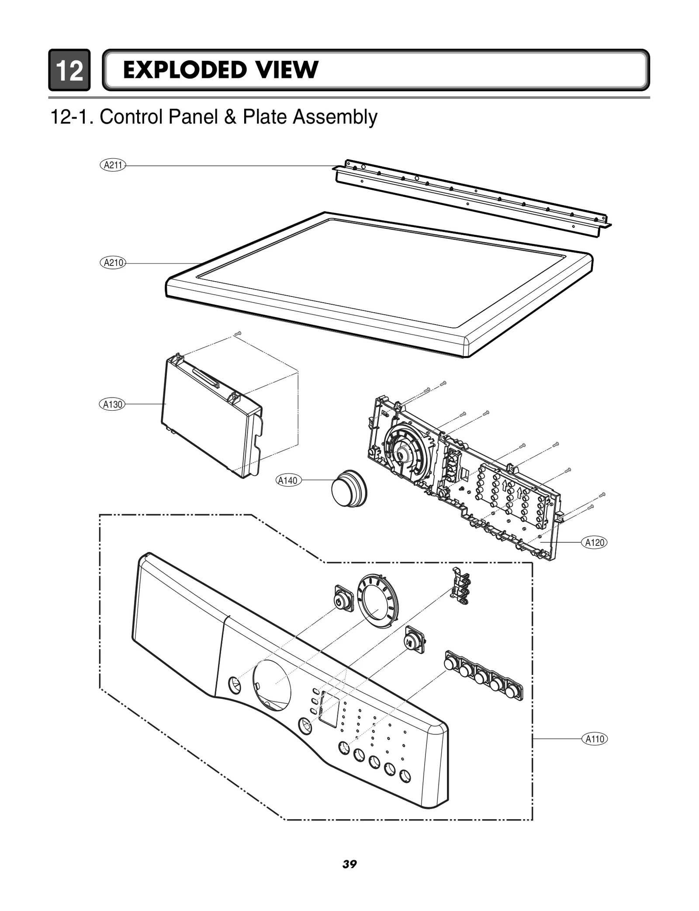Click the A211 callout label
point(113,165)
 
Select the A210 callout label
point(113,263)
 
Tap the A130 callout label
point(112,405)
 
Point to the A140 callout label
point(288,481)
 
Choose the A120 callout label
point(595,543)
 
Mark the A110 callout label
point(595,739)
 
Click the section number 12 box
point(69,70)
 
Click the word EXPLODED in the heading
point(183,70)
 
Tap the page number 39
point(349,864)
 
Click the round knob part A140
point(349,488)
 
